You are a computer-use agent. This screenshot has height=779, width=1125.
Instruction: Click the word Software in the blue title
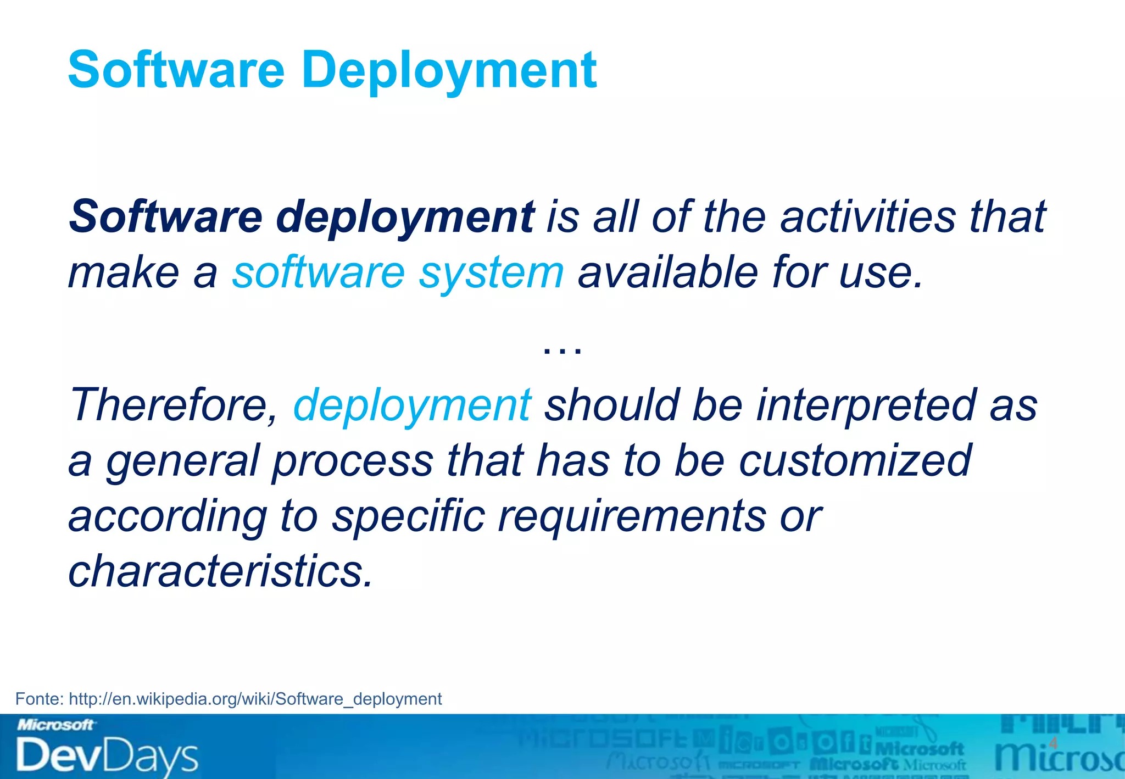click(x=176, y=70)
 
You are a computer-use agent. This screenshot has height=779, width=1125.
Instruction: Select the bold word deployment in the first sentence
click(x=405, y=218)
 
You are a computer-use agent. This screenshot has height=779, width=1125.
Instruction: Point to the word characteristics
click(x=220, y=571)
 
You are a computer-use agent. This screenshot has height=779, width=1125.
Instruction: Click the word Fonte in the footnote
click(x=39, y=699)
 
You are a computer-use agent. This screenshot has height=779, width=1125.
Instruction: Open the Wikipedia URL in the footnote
click(x=255, y=699)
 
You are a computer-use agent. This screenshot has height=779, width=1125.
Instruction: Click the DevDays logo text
click(x=107, y=756)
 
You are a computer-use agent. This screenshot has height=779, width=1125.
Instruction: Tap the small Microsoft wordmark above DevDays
click(x=55, y=725)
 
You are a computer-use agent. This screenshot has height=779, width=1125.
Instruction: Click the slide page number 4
click(x=1052, y=743)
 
